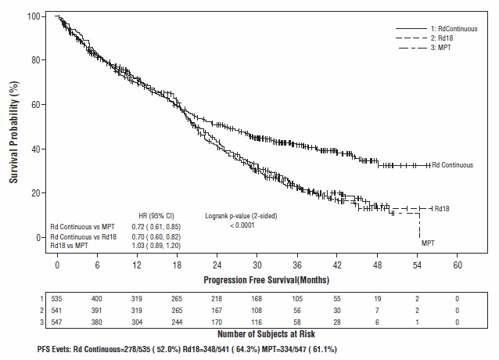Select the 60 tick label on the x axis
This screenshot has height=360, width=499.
458,265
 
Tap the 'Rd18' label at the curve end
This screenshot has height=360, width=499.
443,209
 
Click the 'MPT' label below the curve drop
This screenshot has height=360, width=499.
429,243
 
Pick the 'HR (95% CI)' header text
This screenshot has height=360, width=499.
156,214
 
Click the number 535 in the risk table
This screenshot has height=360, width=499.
57,298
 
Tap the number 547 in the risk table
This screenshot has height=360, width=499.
57,321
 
